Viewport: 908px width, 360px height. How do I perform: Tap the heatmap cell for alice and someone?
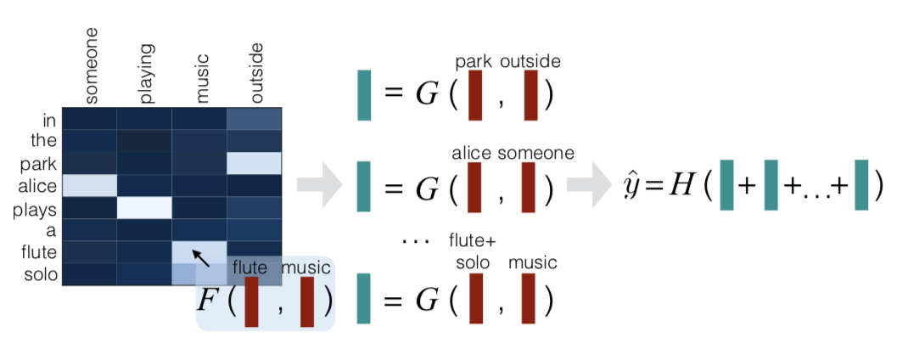(89, 184)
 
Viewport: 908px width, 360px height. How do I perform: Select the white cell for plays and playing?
(144, 207)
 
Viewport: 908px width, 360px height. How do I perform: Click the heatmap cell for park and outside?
(255, 163)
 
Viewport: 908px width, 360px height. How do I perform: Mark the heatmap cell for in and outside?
(255, 118)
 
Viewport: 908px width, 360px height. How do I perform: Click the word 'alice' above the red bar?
(472, 153)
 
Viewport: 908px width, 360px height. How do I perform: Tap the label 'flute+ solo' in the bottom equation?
(473, 252)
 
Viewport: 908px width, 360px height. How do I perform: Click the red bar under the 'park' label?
(475, 95)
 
